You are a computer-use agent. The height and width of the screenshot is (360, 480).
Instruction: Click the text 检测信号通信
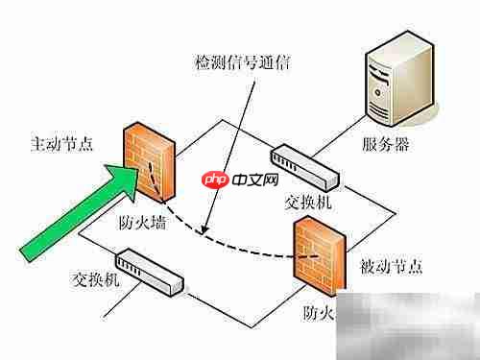(x=239, y=63)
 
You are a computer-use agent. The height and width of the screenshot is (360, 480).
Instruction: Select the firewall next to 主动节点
(x=149, y=159)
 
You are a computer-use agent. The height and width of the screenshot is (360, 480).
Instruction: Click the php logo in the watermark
(x=213, y=180)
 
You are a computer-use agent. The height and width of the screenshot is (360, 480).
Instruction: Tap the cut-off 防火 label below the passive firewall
(x=317, y=313)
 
